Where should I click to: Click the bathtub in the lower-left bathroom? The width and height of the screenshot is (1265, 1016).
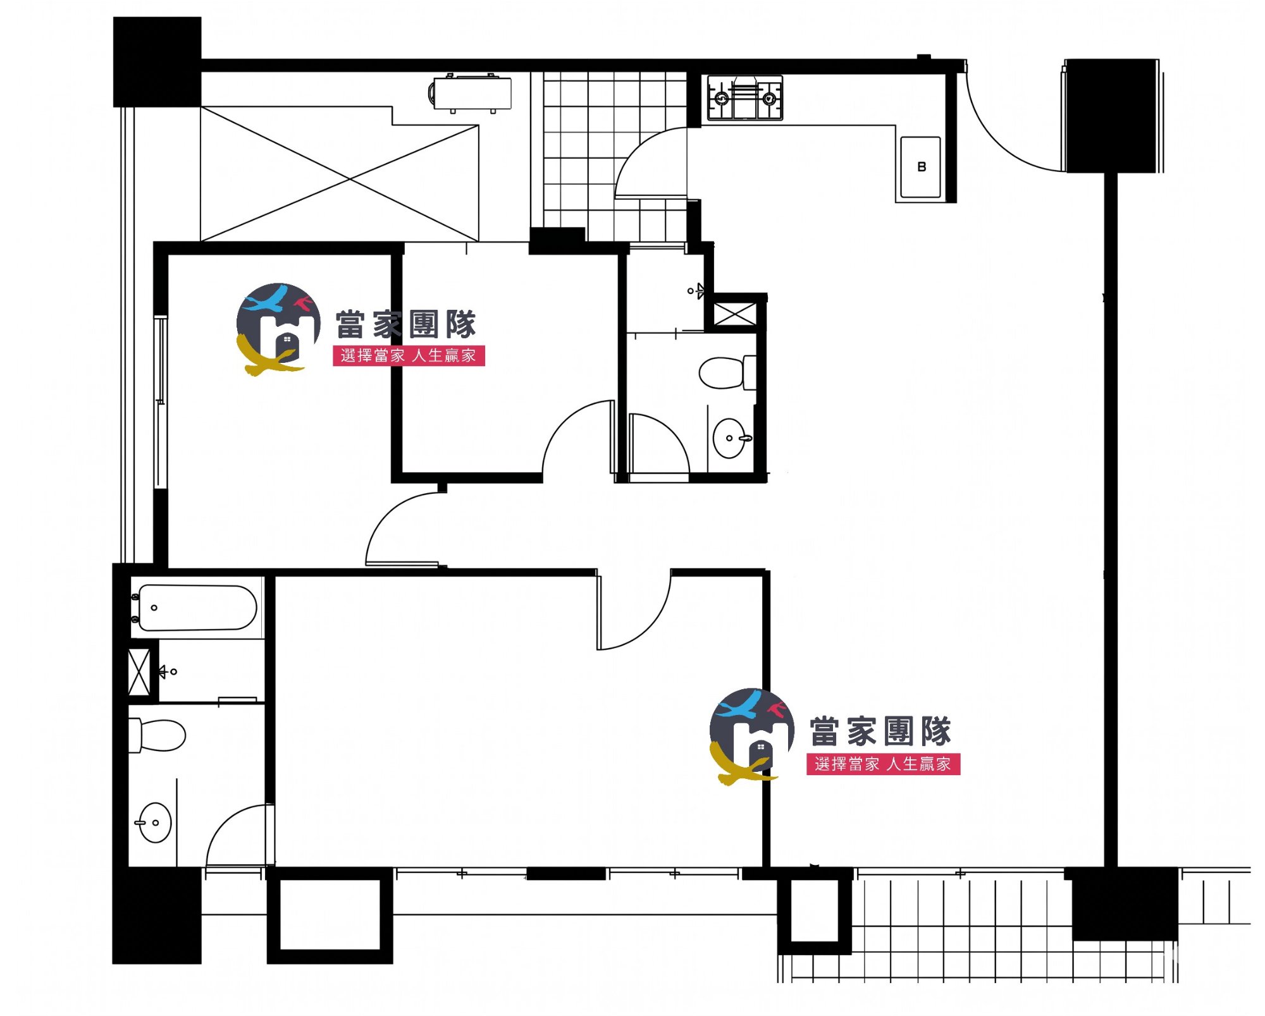[x=197, y=608]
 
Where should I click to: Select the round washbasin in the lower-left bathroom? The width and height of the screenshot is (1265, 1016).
[x=154, y=823]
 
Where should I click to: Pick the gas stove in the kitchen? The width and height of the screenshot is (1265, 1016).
[x=745, y=97]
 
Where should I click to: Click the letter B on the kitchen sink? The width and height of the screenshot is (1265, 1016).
[x=922, y=167]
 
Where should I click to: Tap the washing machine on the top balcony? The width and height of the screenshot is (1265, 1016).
[x=471, y=94]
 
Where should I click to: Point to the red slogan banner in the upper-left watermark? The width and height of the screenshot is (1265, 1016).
[x=409, y=355]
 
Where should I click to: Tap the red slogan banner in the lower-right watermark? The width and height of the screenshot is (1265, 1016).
[x=884, y=764]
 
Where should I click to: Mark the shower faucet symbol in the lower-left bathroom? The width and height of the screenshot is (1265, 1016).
[x=168, y=671]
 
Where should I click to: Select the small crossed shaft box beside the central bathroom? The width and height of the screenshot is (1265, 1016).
[x=734, y=314]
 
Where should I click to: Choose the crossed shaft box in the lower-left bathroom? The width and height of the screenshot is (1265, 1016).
[x=139, y=671]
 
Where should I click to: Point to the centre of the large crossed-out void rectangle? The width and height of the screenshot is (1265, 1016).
[x=350, y=180]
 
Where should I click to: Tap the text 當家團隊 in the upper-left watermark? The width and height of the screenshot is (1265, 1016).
[x=405, y=324]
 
